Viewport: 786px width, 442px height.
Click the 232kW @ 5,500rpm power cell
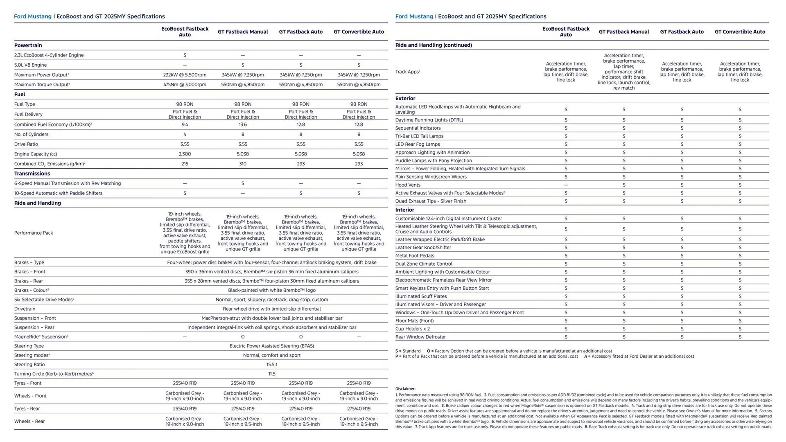(x=185, y=75)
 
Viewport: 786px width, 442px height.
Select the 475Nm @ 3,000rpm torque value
(x=185, y=85)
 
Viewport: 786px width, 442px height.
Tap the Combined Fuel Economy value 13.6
(x=243, y=124)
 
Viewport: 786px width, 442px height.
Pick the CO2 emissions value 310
(x=243, y=164)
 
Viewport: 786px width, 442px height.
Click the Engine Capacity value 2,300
(x=185, y=154)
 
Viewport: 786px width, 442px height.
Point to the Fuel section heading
(x=20, y=95)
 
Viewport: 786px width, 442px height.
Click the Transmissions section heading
(x=32, y=174)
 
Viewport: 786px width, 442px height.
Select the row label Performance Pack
(x=34, y=233)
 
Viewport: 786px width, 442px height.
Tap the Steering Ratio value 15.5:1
(x=272, y=365)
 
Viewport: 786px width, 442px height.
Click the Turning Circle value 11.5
(x=272, y=374)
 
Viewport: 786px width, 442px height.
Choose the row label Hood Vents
(x=408, y=185)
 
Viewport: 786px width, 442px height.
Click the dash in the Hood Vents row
(x=566, y=185)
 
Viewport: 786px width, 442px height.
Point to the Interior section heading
(x=404, y=210)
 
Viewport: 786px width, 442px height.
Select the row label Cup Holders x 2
(x=412, y=329)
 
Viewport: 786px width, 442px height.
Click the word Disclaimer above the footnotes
(x=405, y=389)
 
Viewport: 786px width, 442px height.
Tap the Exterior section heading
(x=405, y=99)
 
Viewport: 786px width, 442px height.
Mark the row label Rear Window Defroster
(x=420, y=337)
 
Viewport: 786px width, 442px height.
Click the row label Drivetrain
(x=25, y=309)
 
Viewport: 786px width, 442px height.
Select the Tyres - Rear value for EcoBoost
(x=185, y=409)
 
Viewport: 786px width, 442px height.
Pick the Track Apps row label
(x=407, y=72)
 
